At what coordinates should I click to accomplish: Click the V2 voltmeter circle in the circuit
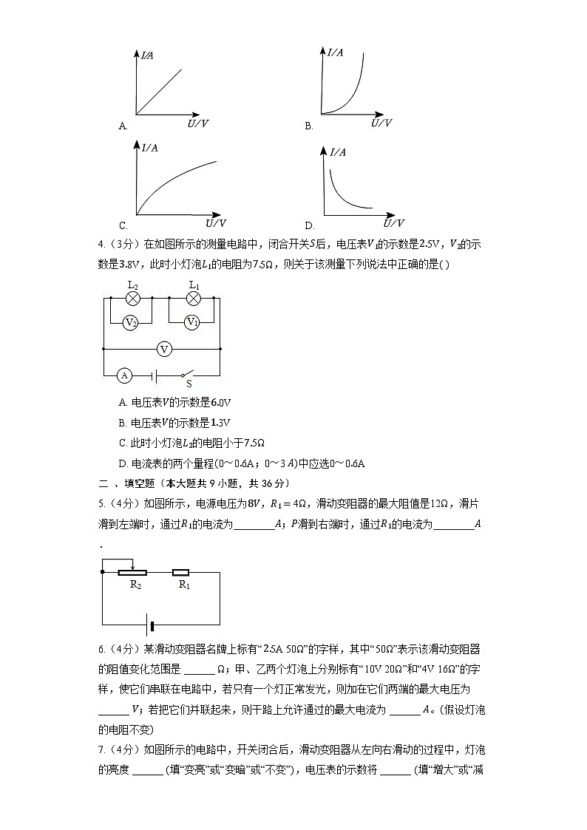(131, 322)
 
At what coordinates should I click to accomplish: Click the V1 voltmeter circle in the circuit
(192, 322)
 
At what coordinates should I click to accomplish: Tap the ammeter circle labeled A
(125, 375)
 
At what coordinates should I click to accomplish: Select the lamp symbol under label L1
(193, 298)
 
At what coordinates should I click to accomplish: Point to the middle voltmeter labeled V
(165, 348)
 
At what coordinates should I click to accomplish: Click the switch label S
(189, 384)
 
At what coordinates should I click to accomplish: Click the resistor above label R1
(181, 572)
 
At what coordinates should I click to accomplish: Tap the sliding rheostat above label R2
(133, 572)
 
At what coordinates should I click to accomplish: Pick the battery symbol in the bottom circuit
(151, 627)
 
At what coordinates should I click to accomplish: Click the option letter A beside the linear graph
(123, 126)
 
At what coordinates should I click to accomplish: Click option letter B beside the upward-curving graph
(309, 126)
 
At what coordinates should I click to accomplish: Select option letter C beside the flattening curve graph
(123, 225)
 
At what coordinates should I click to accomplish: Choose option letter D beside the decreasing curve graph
(309, 225)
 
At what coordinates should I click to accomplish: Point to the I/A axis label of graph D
(338, 152)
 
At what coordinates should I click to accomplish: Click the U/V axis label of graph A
(197, 123)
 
